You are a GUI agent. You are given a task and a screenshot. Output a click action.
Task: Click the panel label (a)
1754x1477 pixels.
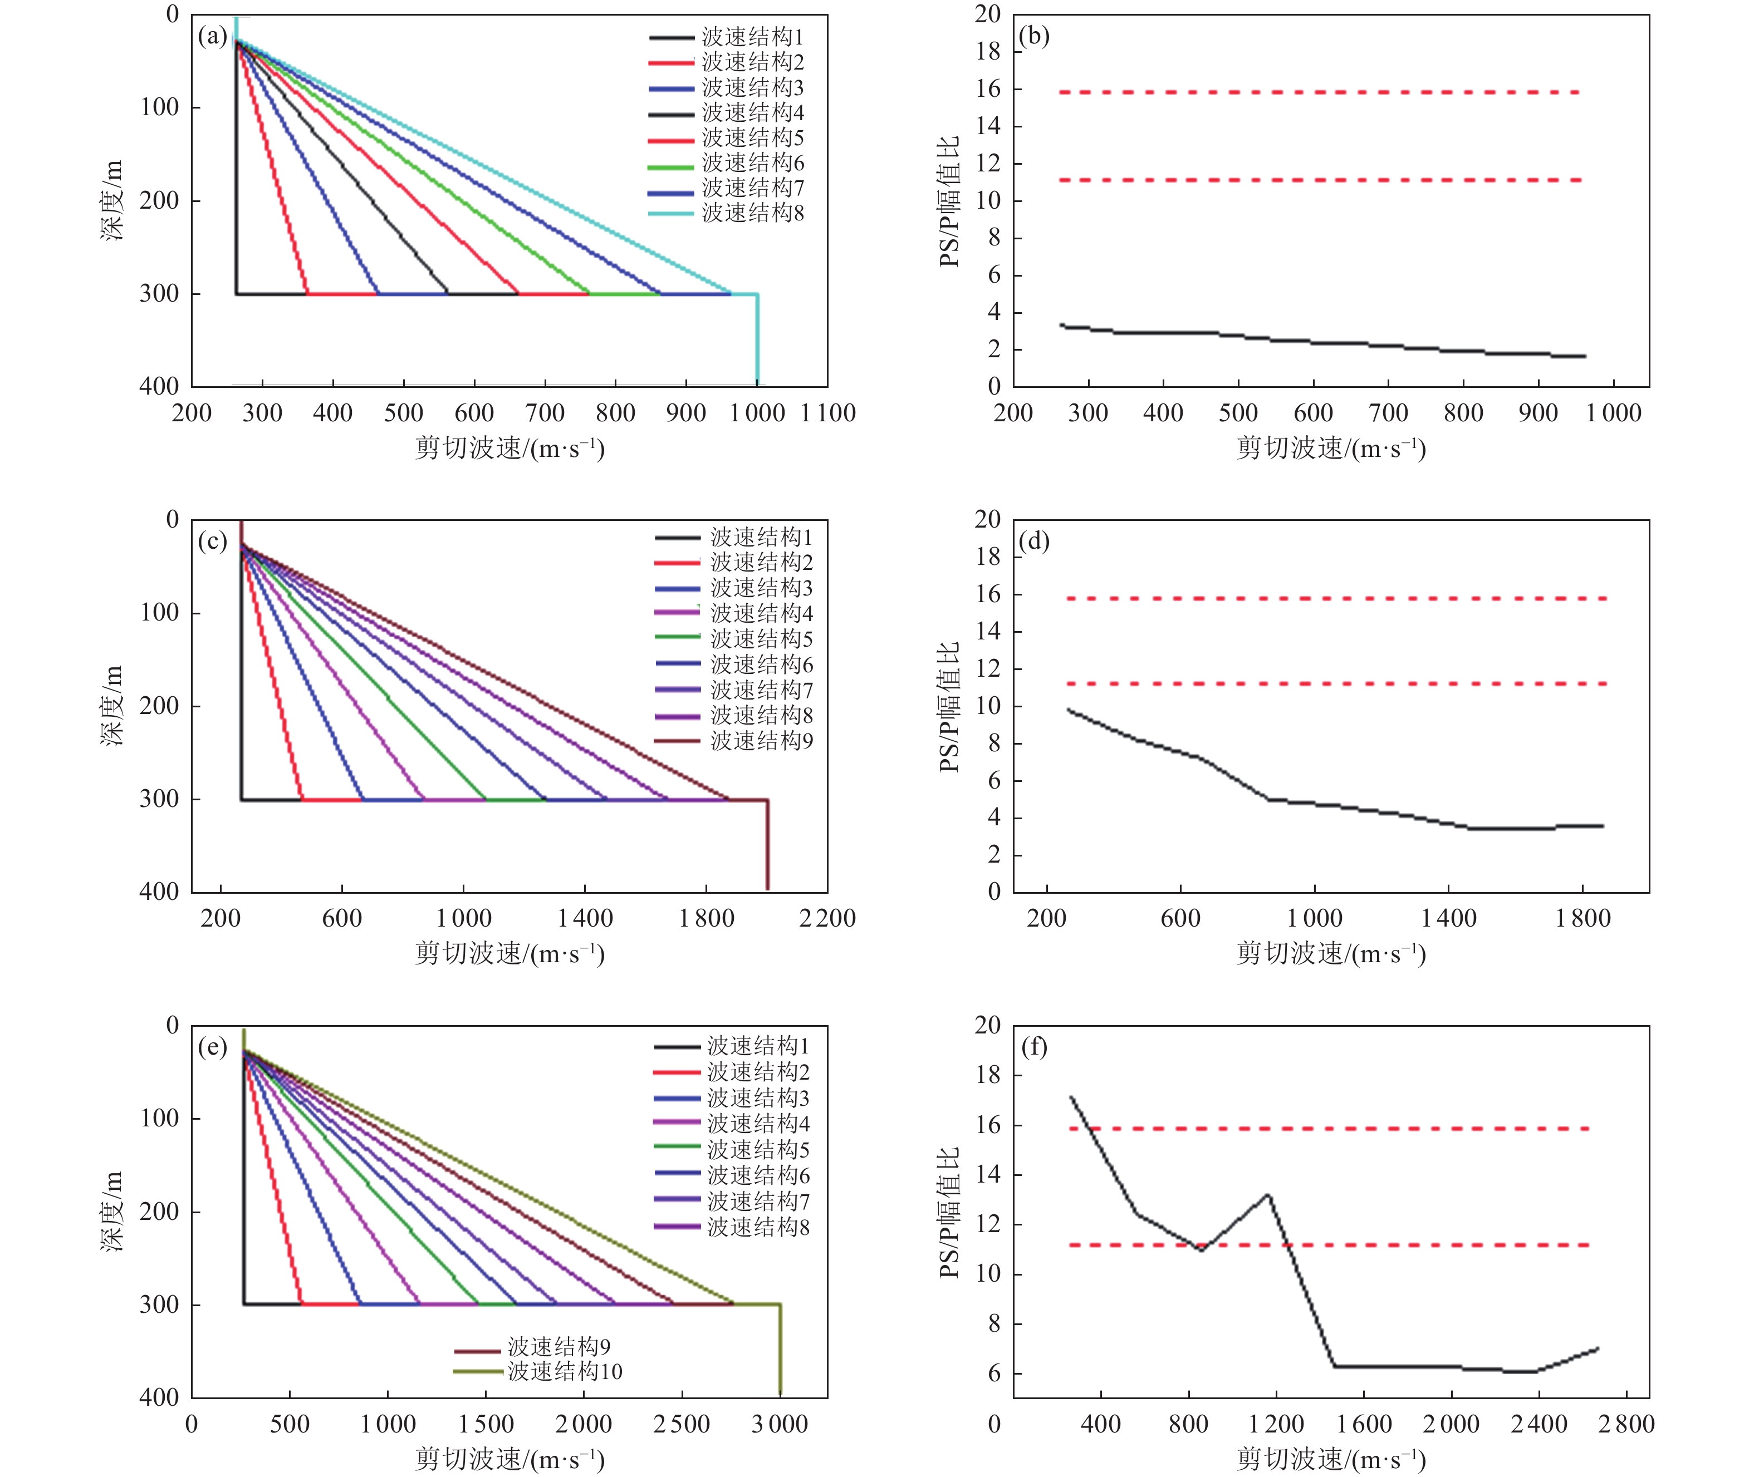212,36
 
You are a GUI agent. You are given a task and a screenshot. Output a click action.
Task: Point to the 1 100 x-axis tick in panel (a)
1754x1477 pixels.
827,413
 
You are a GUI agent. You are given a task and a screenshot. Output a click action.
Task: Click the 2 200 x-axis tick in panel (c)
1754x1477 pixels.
827,918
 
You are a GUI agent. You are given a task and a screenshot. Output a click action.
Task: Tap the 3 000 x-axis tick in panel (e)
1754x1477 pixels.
780,1424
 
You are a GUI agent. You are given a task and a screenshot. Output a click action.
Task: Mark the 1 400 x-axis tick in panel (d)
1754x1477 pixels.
1448,918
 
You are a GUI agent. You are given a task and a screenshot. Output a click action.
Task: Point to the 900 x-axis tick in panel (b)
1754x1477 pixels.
1538,413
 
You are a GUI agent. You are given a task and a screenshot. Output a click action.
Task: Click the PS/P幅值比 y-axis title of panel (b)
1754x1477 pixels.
949,201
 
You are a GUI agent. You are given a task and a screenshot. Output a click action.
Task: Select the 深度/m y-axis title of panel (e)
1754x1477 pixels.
112,1212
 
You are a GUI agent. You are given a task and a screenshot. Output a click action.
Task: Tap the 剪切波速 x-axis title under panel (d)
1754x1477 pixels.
1331,954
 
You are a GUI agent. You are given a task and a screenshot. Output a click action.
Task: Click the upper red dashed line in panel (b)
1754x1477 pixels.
1319,92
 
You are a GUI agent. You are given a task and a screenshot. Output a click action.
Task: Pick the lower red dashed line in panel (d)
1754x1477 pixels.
1336,684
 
